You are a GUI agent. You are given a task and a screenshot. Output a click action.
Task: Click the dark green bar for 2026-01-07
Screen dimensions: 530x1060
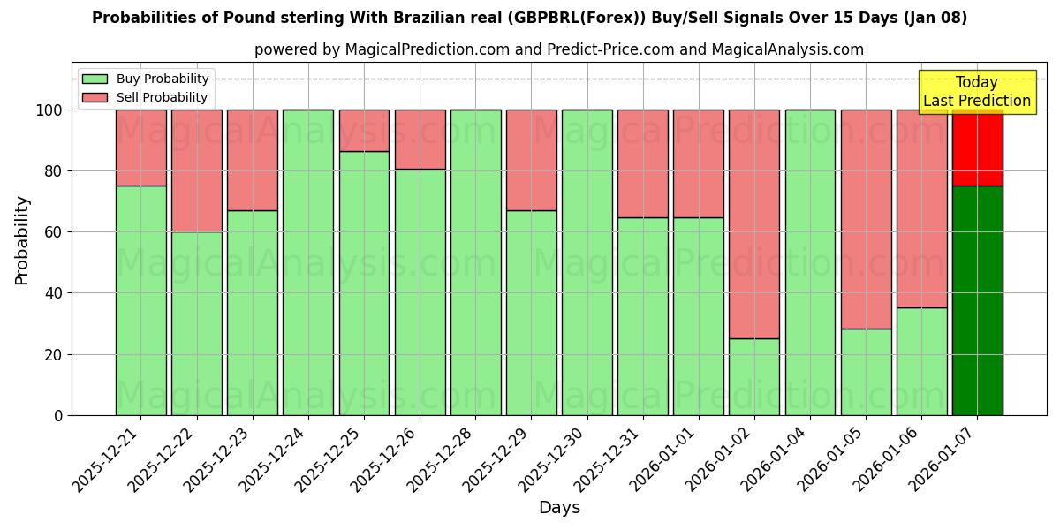click(x=977, y=300)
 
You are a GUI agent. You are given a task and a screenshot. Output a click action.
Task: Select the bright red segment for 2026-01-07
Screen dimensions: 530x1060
click(x=977, y=148)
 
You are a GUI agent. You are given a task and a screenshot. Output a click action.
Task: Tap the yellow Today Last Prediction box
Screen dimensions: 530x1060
click(x=977, y=92)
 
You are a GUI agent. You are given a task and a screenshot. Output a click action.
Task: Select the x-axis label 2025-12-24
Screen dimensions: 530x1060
click(x=274, y=456)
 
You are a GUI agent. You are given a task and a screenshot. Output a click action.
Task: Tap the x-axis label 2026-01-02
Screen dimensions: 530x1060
click(x=720, y=456)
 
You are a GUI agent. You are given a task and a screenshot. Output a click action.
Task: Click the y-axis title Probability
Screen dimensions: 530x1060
click(x=22, y=239)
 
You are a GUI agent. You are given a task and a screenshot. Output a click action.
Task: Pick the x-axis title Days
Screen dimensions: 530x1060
click(x=559, y=508)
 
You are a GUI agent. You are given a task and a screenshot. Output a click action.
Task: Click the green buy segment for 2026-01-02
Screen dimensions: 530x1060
click(x=754, y=376)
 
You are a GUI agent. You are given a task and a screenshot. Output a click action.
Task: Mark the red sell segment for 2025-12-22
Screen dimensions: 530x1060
click(x=196, y=170)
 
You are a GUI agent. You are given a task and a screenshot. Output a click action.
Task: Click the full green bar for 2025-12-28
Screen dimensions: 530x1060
click(x=475, y=262)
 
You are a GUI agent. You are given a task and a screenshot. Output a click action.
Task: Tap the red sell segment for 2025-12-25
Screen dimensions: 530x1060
click(x=364, y=131)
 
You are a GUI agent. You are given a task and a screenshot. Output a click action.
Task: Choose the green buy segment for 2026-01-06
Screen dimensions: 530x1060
click(x=921, y=361)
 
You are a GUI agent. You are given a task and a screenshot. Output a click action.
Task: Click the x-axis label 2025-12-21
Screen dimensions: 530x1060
click(x=106, y=456)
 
